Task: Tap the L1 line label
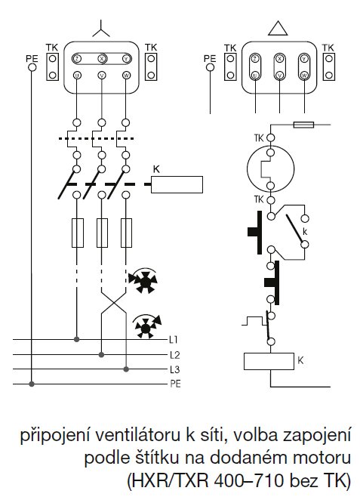174,340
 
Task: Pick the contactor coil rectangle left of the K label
177,184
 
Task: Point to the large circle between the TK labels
269,168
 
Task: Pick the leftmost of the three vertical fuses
75,233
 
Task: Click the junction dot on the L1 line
75,339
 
